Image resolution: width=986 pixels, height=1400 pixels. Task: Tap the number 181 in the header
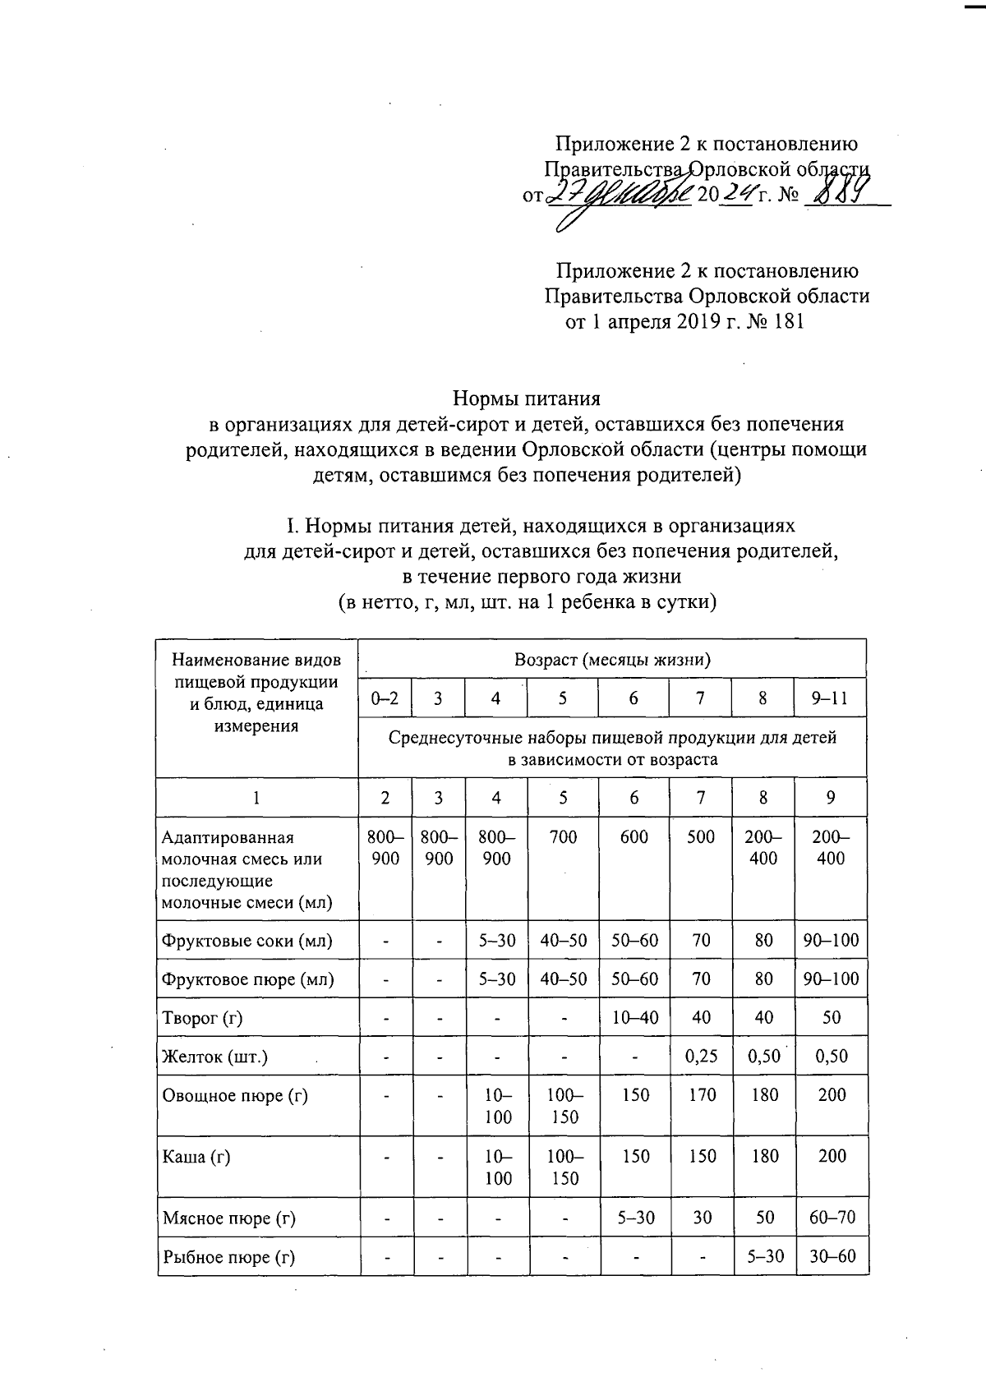[784, 321]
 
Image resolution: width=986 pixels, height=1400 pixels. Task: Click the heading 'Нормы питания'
[527, 398]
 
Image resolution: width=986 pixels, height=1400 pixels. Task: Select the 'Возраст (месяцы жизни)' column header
[612, 659]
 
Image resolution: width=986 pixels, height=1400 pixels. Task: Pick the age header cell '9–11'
[830, 698]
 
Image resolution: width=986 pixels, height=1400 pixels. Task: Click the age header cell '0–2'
[385, 698]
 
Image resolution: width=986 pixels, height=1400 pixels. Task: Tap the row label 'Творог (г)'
[203, 1018]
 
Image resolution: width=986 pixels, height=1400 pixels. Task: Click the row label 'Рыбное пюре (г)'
[228, 1257]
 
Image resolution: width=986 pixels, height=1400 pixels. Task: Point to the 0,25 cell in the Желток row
[701, 1056]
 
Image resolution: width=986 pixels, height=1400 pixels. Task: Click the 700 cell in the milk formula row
[563, 837]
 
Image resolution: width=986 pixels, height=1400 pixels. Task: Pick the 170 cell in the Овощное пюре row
[702, 1095]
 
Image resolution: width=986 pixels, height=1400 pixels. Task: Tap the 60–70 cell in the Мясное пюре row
[832, 1218]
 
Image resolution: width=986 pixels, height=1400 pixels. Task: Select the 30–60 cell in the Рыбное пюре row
[832, 1256]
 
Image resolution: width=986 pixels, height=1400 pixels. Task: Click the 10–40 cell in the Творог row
[634, 1017]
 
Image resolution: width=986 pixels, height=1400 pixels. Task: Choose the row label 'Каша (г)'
[196, 1157]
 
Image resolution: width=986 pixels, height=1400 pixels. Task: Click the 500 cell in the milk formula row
[700, 837]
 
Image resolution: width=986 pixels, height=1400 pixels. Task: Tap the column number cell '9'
[830, 797]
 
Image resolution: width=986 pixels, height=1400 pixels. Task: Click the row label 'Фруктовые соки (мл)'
[247, 941]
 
